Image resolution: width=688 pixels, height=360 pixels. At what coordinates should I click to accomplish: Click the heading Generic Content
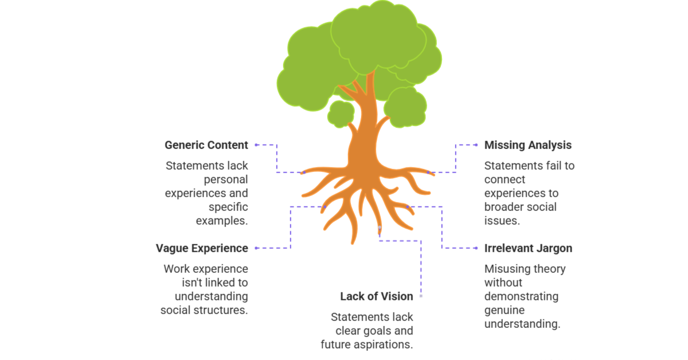point(206,145)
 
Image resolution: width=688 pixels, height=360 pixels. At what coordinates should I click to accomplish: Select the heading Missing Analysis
point(527,145)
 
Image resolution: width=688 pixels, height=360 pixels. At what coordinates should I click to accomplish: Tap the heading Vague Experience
point(202,248)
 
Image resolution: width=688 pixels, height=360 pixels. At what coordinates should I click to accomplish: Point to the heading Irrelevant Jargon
point(528,248)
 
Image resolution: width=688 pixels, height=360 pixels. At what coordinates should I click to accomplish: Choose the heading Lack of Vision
point(376,296)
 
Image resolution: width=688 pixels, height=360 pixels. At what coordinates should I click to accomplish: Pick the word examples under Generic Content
point(222,221)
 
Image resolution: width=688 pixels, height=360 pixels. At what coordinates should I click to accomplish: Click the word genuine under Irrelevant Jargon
point(504,310)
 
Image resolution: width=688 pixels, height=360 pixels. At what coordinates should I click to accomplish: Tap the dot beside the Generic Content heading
point(256,145)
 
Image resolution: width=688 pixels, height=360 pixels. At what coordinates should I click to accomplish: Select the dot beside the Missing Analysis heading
point(476,145)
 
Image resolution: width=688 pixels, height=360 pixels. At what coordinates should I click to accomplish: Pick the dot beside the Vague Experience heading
point(256,248)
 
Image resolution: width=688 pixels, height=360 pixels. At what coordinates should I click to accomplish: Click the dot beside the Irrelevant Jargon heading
point(476,248)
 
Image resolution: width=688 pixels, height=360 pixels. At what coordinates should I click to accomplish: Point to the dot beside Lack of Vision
point(421,296)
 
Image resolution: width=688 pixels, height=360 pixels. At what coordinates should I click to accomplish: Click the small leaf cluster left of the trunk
point(341,114)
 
